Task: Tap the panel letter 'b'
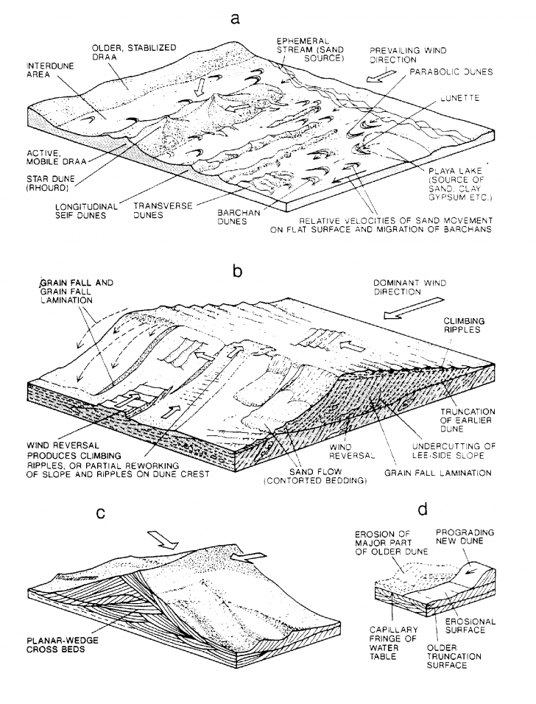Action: pyautogui.click(x=237, y=271)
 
